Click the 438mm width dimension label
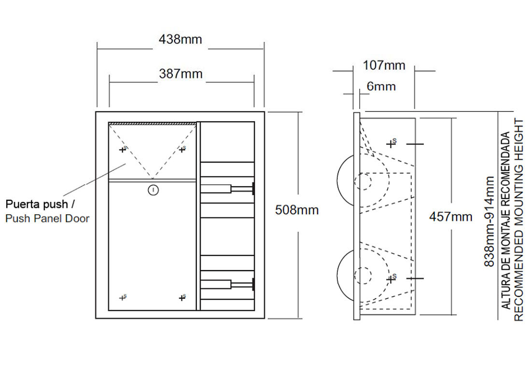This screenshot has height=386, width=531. (x=180, y=39)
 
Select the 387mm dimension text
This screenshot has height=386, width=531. (x=181, y=74)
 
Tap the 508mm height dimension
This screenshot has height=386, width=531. (x=297, y=210)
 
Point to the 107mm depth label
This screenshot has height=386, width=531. (x=384, y=65)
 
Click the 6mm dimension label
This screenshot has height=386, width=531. (x=381, y=86)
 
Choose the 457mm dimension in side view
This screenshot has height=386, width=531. (x=451, y=216)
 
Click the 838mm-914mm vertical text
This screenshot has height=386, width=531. (x=489, y=221)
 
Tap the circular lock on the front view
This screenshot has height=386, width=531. (x=153, y=190)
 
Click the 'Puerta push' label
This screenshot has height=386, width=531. (x=37, y=204)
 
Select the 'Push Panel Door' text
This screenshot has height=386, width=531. (x=47, y=219)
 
